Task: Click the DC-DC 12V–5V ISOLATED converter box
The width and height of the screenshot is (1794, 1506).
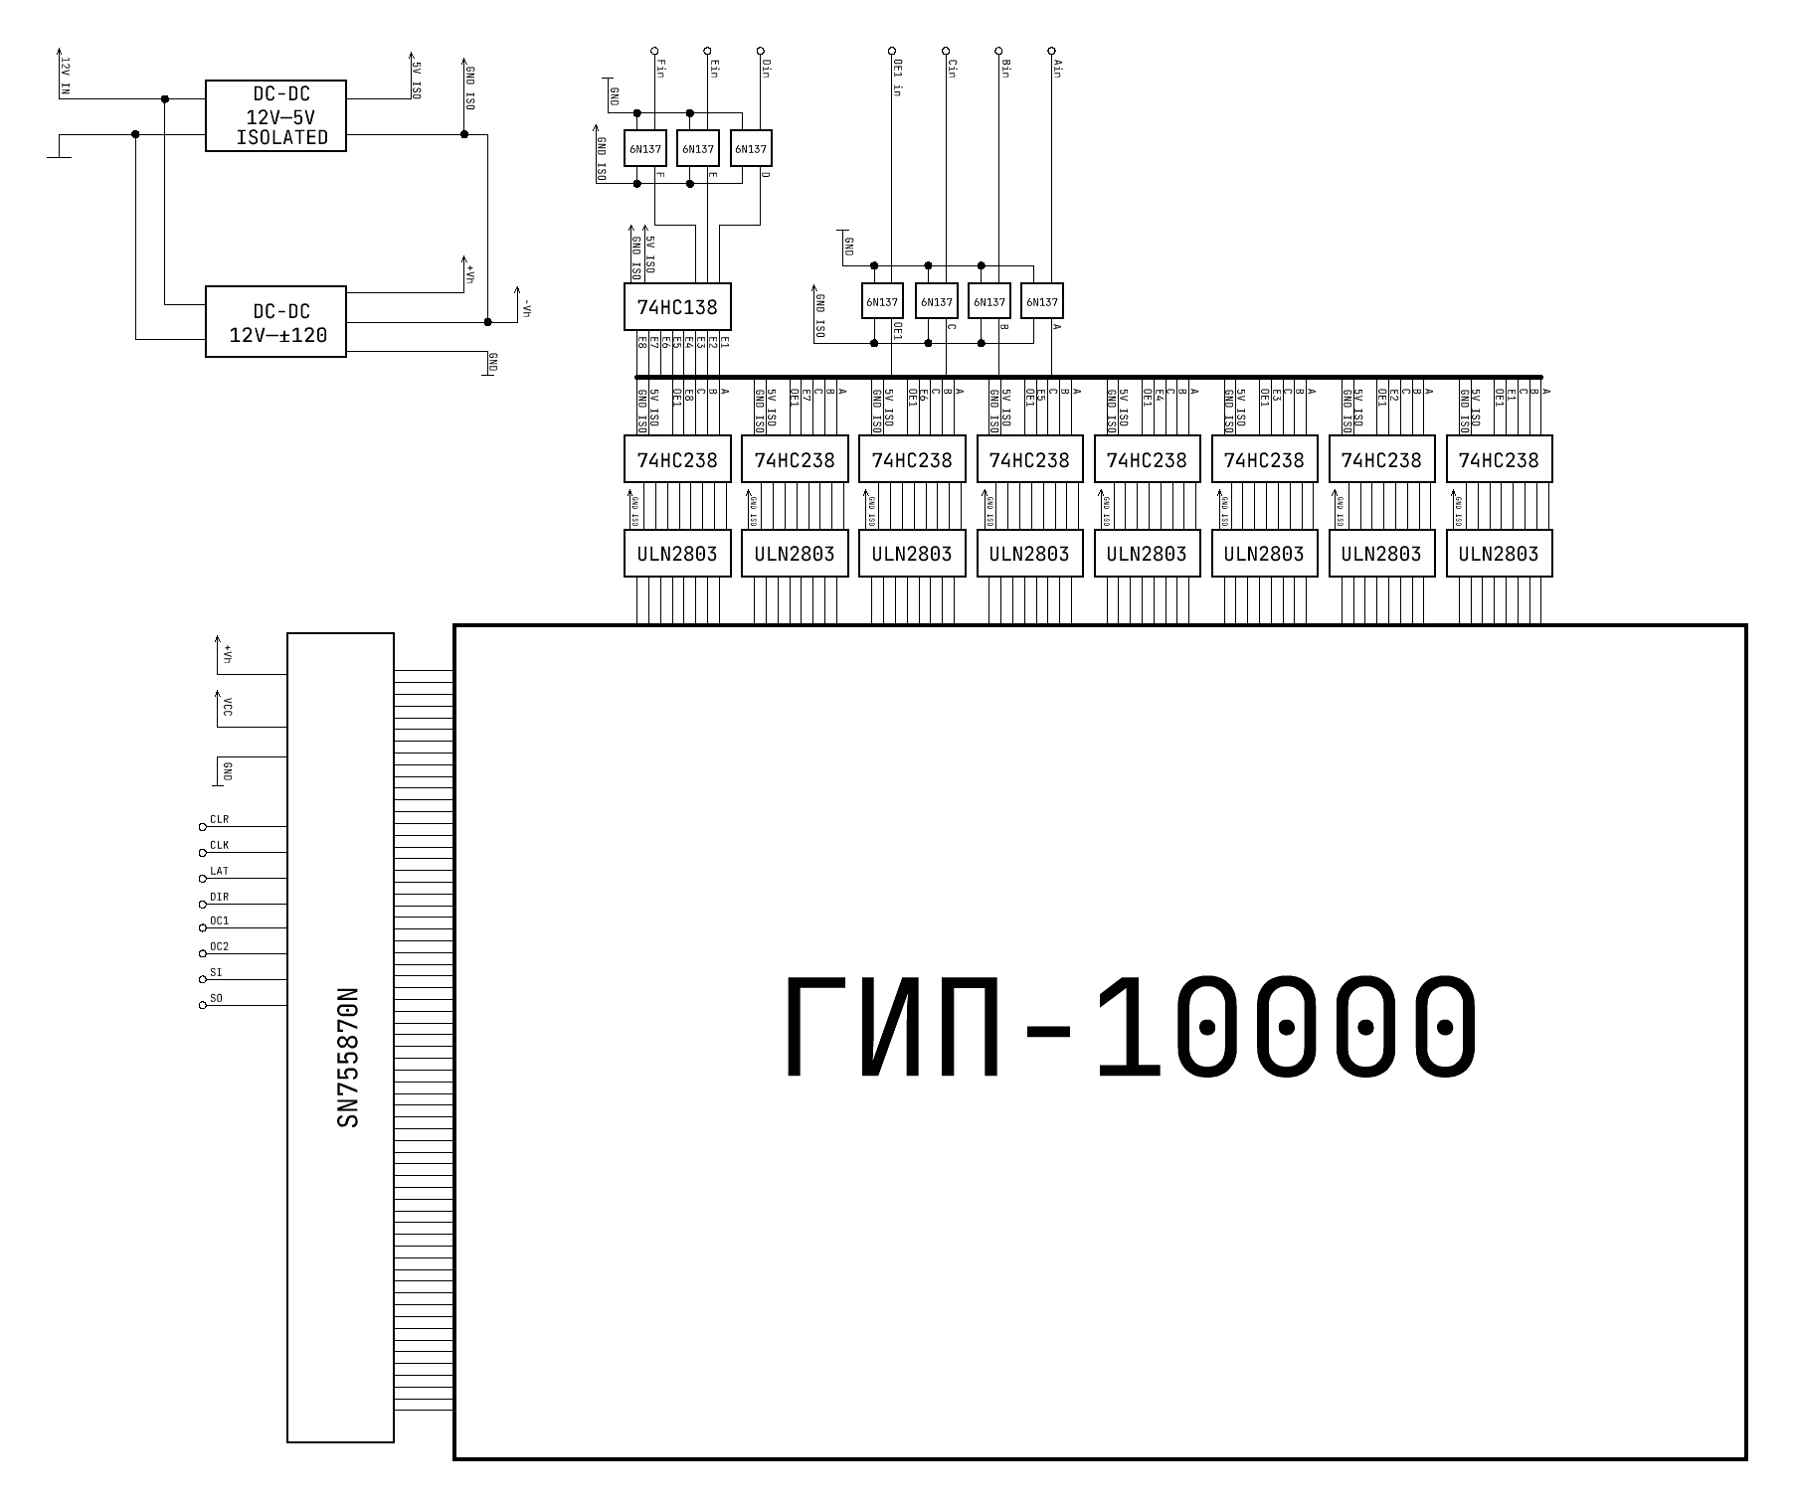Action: pyautogui.click(x=275, y=116)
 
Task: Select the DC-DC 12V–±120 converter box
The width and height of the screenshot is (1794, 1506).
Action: pyautogui.click(x=275, y=322)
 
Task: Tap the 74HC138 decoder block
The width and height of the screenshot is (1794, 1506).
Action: pyautogui.click(x=677, y=307)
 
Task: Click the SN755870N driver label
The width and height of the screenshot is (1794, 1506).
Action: pyautogui.click(x=348, y=1058)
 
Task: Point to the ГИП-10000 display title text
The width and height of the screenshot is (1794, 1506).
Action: pyautogui.click(x=1131, y=1028)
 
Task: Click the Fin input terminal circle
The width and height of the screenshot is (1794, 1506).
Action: pyautogui.click(x=653, y=50)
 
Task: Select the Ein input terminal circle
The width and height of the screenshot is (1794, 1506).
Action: pyautogui.click(x=707, y=50)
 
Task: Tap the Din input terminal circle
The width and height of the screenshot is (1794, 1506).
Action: pyautogui.click(x=761, y=50)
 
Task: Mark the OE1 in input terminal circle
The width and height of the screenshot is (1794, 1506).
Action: pyautogui.click(x=892, y=50)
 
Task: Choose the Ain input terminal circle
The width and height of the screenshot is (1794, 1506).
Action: pyautogui.click(x=1052, y=50)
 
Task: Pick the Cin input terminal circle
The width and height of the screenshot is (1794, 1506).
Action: pyautogui.click(x=946, y=50)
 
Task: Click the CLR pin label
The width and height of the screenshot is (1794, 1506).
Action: pyautogui.click(x=219, y=820)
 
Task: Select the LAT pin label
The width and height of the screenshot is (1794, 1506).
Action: pyautogui.click(x=219, y=872)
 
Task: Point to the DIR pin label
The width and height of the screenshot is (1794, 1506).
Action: pyautogui.click(x=219, y=898)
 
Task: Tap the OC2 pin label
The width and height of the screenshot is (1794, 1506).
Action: pyautogui.click(x=219, y=947)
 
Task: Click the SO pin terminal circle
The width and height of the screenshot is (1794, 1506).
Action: pyautogui.click(x=203, y=1005)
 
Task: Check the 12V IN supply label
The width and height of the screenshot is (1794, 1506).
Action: pyautogui.click(x=66, y=76)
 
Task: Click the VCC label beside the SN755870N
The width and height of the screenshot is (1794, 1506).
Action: pyautogui.click(x=228, y=707)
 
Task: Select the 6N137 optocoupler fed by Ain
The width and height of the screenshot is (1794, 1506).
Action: pyautogui.click(x=1042, y=302)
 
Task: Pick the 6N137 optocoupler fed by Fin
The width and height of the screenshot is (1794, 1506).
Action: pyautogui.click(x=644, y=149)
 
